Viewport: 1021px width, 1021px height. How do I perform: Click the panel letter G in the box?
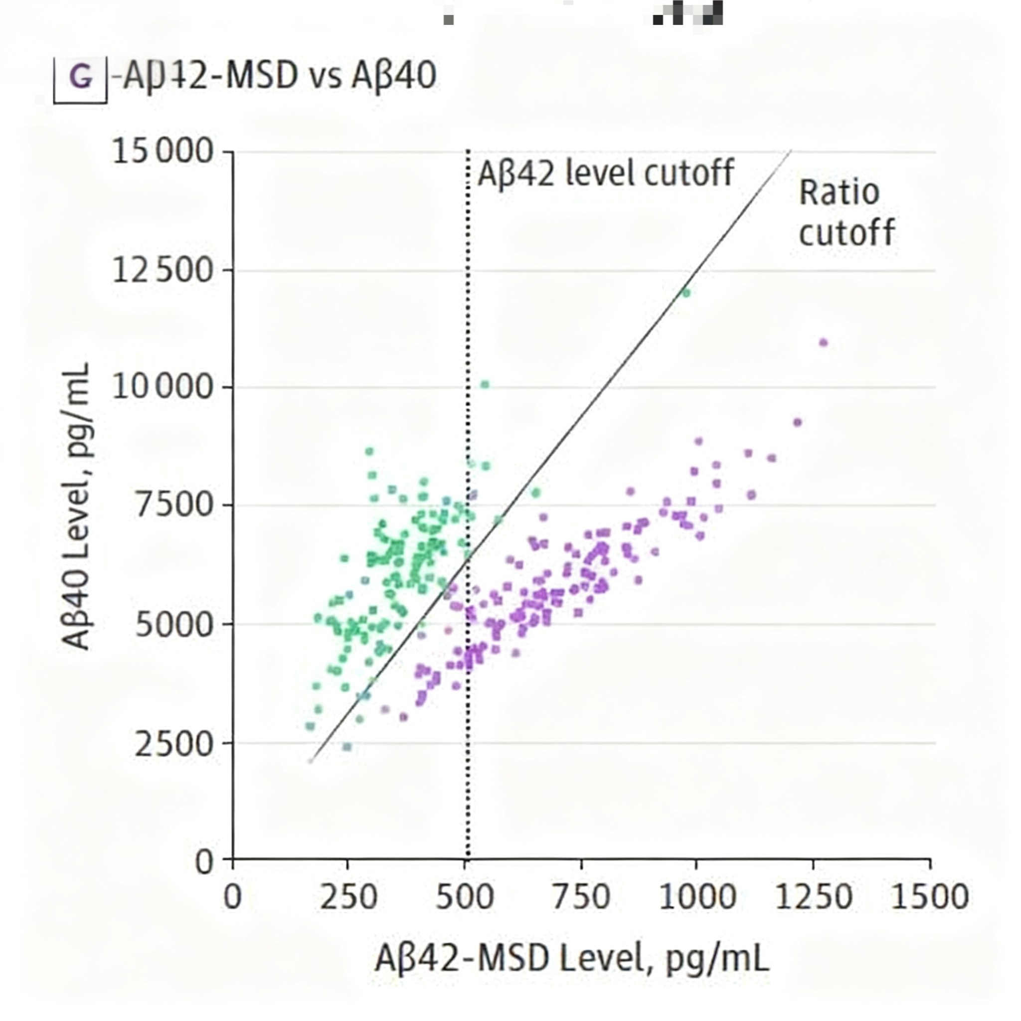81,78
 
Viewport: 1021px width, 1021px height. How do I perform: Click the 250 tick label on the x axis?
348,898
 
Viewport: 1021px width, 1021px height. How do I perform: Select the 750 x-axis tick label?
581,898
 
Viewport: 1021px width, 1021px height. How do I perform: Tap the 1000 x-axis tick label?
697,898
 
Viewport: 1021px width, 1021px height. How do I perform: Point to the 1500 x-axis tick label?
930,898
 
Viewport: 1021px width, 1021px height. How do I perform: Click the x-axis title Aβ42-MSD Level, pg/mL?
572,959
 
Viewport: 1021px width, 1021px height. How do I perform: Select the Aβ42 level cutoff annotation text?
606,173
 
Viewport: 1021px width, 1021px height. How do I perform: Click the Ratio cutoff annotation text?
846,212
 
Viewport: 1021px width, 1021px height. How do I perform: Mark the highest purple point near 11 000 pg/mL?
823,342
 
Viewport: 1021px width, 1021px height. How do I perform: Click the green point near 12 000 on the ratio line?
686,293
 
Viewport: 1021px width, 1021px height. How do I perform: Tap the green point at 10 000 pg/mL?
485,384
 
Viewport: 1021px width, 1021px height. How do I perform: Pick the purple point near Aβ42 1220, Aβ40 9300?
798,422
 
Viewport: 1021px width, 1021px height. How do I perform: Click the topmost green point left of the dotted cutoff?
369,451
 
